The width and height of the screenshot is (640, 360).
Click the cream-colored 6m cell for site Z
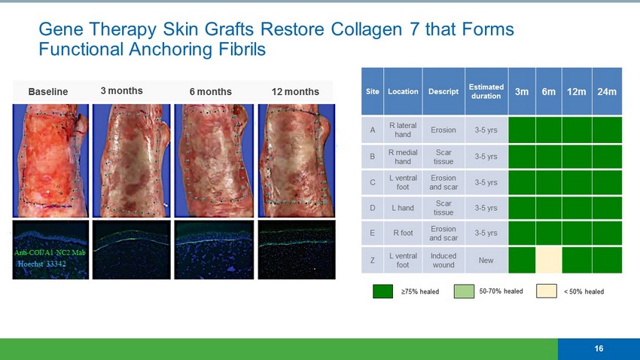pyautogui.click(x=549, y=260)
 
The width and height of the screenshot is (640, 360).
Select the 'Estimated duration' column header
pyautogui.click(x=486, y=91)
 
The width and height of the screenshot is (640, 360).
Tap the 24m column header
pyautogui.click(x=607, y=91)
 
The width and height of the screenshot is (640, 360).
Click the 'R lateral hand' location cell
pyautogui.click(x=403, y=130)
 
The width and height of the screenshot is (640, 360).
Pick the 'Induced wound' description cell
pyautogui.click(x=443, y=260)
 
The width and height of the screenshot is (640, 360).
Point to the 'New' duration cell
pyautogui.click(x=486, y=260)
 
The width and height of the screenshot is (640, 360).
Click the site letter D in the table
pyautogui.click(x=372, y=208)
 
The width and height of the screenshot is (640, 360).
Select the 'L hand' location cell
pyautogui.click(x=403, y=208)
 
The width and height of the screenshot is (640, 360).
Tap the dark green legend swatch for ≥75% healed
pyautogui.click(x=382, y=291)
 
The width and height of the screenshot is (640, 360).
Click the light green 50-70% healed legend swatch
pyautogui.click(x=464, y=291)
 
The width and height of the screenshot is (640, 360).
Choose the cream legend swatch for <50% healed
pyautogui.click(x=547, y=291)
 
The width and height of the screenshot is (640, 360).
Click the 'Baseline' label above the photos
pyautogui.click(x=48, y=91)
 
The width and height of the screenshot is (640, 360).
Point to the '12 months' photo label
pyautogui.click(x=295, y=91)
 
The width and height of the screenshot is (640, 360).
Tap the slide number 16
pyautogui.click(x=599, y=349)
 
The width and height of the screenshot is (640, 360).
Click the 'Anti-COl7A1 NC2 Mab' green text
pyautogui.click(x=50, y=252)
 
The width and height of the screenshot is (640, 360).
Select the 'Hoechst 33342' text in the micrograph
pyautogui.click(x=41, y=264)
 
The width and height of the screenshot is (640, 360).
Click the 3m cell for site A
pyautogui.click(x=522, y=130)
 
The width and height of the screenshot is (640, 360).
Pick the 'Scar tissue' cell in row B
pyautogui.click(x=443, y=157)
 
